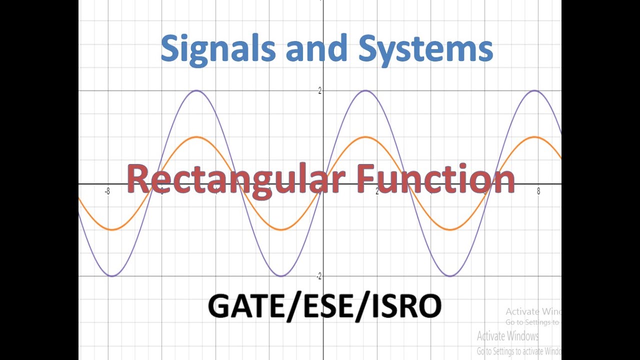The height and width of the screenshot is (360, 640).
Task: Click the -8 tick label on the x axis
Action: tap(107, 191)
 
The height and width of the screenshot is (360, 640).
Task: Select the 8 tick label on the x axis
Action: tap(538, 191)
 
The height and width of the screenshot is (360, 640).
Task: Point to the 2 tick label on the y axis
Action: tap(319, 90)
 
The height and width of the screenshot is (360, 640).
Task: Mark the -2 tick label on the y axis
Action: tap(318, 276)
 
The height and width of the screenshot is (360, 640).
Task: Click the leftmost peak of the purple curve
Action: tap(196, 90)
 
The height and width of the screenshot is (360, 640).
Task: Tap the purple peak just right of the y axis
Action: tap(365, 90)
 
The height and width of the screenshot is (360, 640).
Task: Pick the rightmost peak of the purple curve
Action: tap(535, 90)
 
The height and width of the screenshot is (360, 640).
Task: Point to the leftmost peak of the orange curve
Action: tap(196, 137)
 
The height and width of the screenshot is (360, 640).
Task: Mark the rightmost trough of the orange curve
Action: tap(450, 230)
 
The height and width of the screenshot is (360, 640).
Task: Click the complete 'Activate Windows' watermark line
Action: tap(507, 335)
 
